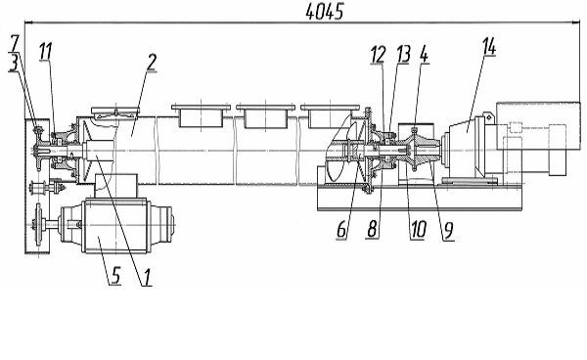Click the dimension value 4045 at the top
[324, 12]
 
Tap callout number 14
[488, 47]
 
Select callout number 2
[152, 62]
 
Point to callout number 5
[115, 275]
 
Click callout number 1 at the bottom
[147, 277]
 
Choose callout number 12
[378, 55]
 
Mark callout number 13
[403, 54]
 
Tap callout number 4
[424, 55]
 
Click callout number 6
[341, 229]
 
